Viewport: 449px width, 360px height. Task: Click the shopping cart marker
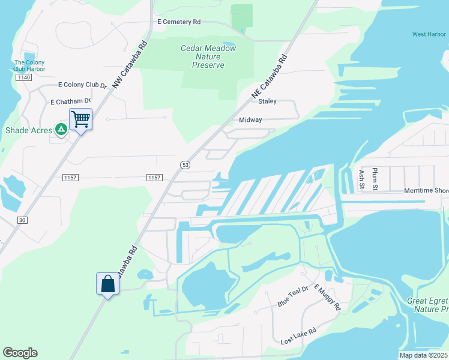tap(80, 118)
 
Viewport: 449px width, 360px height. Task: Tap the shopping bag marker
tap(108, 283)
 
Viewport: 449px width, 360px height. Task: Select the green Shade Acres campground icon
tap(61, 130)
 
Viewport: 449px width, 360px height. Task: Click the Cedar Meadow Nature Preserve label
tap(208, 56)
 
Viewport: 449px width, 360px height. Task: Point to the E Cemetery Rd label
tap(179, 22)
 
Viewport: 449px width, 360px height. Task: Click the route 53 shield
tap(185, 164)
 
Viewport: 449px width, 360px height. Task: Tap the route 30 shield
tap(22, 220)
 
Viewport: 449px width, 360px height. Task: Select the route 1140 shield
tap(23, 77)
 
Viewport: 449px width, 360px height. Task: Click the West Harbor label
tap(429, 34)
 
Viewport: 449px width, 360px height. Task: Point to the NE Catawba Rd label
tap(270, 76)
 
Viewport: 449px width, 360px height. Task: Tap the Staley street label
tap(267, 101)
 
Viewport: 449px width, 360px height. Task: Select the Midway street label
tap(250, 120)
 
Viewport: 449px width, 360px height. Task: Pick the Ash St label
tap(361, 179)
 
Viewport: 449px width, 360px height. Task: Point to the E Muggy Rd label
tap(330, 298)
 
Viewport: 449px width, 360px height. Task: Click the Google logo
tap(20, 353)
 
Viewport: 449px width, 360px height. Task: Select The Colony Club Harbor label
tap(29, 65)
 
